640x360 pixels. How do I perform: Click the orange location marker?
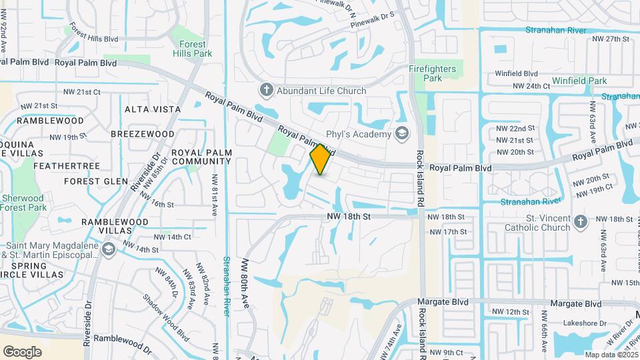pos(321,159)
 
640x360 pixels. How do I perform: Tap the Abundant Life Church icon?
pos(266,90)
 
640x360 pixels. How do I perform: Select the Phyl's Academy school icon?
pos(402,134)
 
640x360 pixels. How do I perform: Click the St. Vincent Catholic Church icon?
pos(580,223)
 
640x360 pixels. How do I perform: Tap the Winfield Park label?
pos(579,81)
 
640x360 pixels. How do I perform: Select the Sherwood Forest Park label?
pos(23,202)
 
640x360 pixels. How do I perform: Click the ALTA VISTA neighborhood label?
pos(153,109)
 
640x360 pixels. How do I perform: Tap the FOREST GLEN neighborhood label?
pos(96,181)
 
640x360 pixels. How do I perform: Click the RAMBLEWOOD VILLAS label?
pos(106,227)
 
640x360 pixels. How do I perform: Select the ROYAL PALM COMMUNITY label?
pos(201,157)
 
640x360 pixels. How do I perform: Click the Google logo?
pos(22,351)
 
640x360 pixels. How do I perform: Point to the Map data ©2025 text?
pos(610,354)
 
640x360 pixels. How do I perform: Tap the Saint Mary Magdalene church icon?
pos(109,249)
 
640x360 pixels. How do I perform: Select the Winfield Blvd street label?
pos(516,73)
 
